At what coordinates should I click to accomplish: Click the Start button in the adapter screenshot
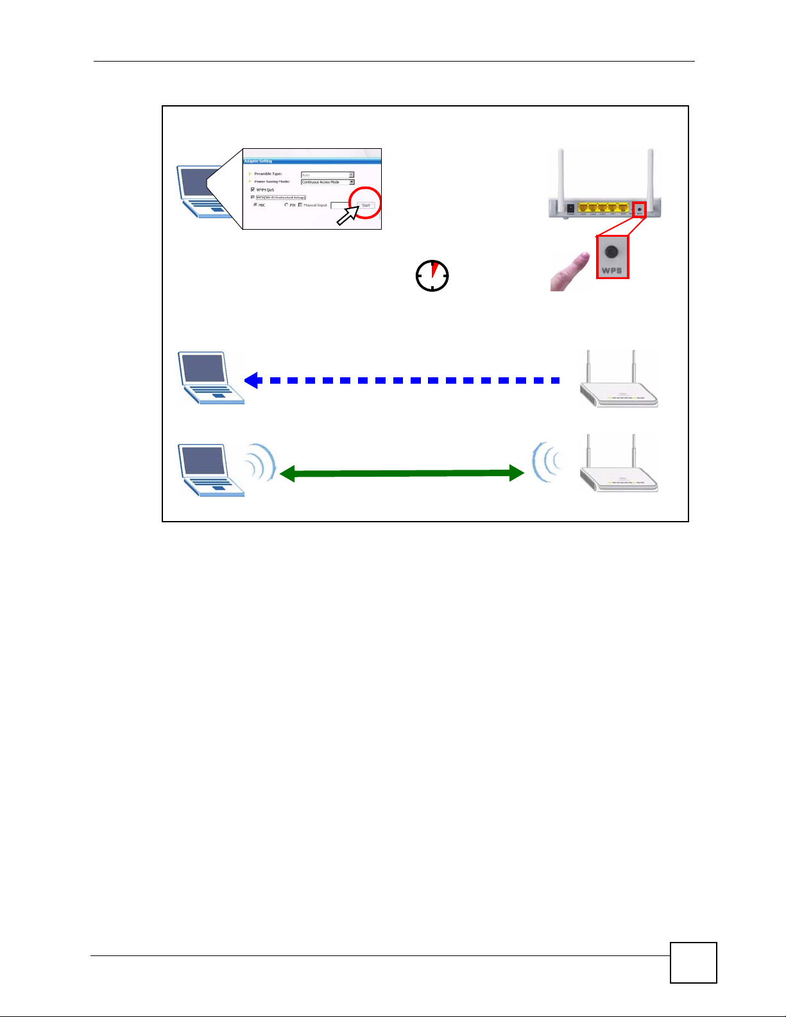(x=366, y=205)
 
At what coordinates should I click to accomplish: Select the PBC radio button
(x=255, y=205)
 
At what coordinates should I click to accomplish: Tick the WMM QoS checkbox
(x=253, y=189)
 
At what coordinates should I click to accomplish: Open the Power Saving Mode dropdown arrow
(x=352, y=182)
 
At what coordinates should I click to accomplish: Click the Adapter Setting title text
(x=258, y=161)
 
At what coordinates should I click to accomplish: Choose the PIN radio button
(x=286, y=205)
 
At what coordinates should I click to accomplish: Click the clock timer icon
(x=432, y=276)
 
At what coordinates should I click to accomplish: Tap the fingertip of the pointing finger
(x=583, y=257)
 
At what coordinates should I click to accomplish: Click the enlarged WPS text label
(x=612, y=270)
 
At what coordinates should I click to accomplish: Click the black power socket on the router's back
(x=570, y=208)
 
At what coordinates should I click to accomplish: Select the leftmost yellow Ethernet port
(x=583, y=208)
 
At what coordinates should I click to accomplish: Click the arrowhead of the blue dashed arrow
(x=252, y=380)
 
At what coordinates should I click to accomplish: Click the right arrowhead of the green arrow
(x=517, y=474)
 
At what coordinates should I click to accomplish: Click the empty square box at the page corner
(x=693, y=962)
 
